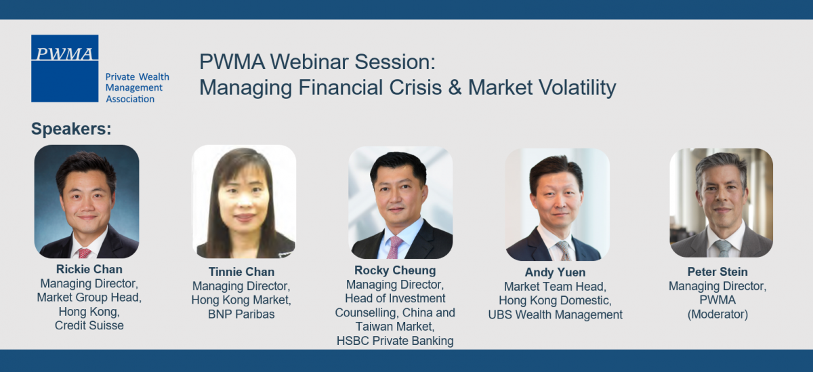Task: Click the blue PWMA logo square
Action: point(64,68)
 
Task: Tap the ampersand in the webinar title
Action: point(455,87)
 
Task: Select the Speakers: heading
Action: point(71,129)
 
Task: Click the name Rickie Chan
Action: point(89,269)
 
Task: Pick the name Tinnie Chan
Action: point(241,272)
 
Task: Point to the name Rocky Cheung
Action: point(395,270)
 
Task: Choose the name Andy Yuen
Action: point(555,272)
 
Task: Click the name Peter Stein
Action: point(717,272)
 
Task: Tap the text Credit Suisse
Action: point(89,325)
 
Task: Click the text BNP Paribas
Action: point(241,314)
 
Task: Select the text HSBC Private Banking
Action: point(395,341)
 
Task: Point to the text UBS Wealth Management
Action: point(555,314)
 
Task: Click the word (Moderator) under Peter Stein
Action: point(717,314)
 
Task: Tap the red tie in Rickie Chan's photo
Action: point(84,253)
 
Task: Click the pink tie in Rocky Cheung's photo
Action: point(394,247)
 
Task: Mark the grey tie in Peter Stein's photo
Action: point(723,249)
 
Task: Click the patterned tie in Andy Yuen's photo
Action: point(564,251)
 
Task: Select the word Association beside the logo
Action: point(130,99)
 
